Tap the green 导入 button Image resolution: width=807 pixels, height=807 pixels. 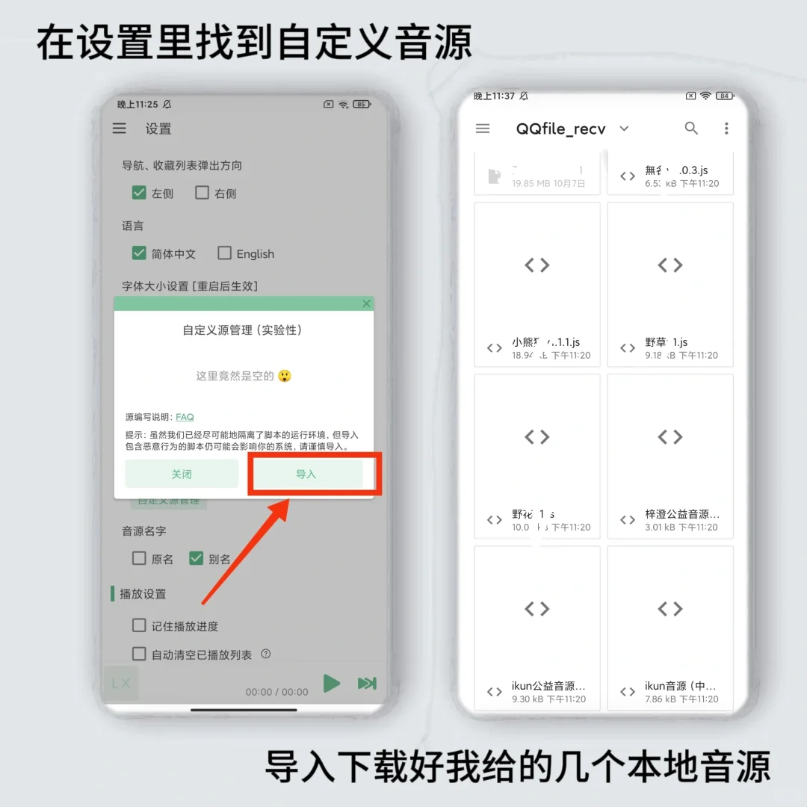(x=306, y=474)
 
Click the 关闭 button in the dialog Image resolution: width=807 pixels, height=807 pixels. (x=182, y=474)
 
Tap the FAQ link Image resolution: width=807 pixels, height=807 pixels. (x=185, y=417)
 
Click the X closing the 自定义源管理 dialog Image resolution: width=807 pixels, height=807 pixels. (x=366, y=303)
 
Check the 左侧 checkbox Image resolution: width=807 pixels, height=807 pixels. (x=139, y=193)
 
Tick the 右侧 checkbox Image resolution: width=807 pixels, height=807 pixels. (x=202, y=193)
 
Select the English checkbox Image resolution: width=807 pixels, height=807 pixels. (x=224, y=253)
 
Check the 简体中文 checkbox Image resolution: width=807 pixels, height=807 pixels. (x=139, y=253)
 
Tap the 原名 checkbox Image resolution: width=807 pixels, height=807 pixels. (x=139, y=558)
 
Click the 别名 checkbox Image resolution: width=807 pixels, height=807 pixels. (x=197, y=558)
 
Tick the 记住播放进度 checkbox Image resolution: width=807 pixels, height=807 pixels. (x=139, y=625)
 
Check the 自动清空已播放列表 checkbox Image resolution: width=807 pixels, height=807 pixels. (x=139, y=654)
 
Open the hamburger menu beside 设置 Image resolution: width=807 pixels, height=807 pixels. (x=120, y=129)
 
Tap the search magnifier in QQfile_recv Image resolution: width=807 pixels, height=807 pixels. (x=691, y=129)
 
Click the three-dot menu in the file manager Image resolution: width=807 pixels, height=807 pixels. (x=726, y=129)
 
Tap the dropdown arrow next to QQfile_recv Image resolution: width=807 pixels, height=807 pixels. (x=625, y=129)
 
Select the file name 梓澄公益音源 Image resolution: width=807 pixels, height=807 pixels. (x=682, y=515)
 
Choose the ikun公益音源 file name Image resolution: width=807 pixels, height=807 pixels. (x=548, y=686)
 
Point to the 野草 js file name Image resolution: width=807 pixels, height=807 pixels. (x=667, y=342)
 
